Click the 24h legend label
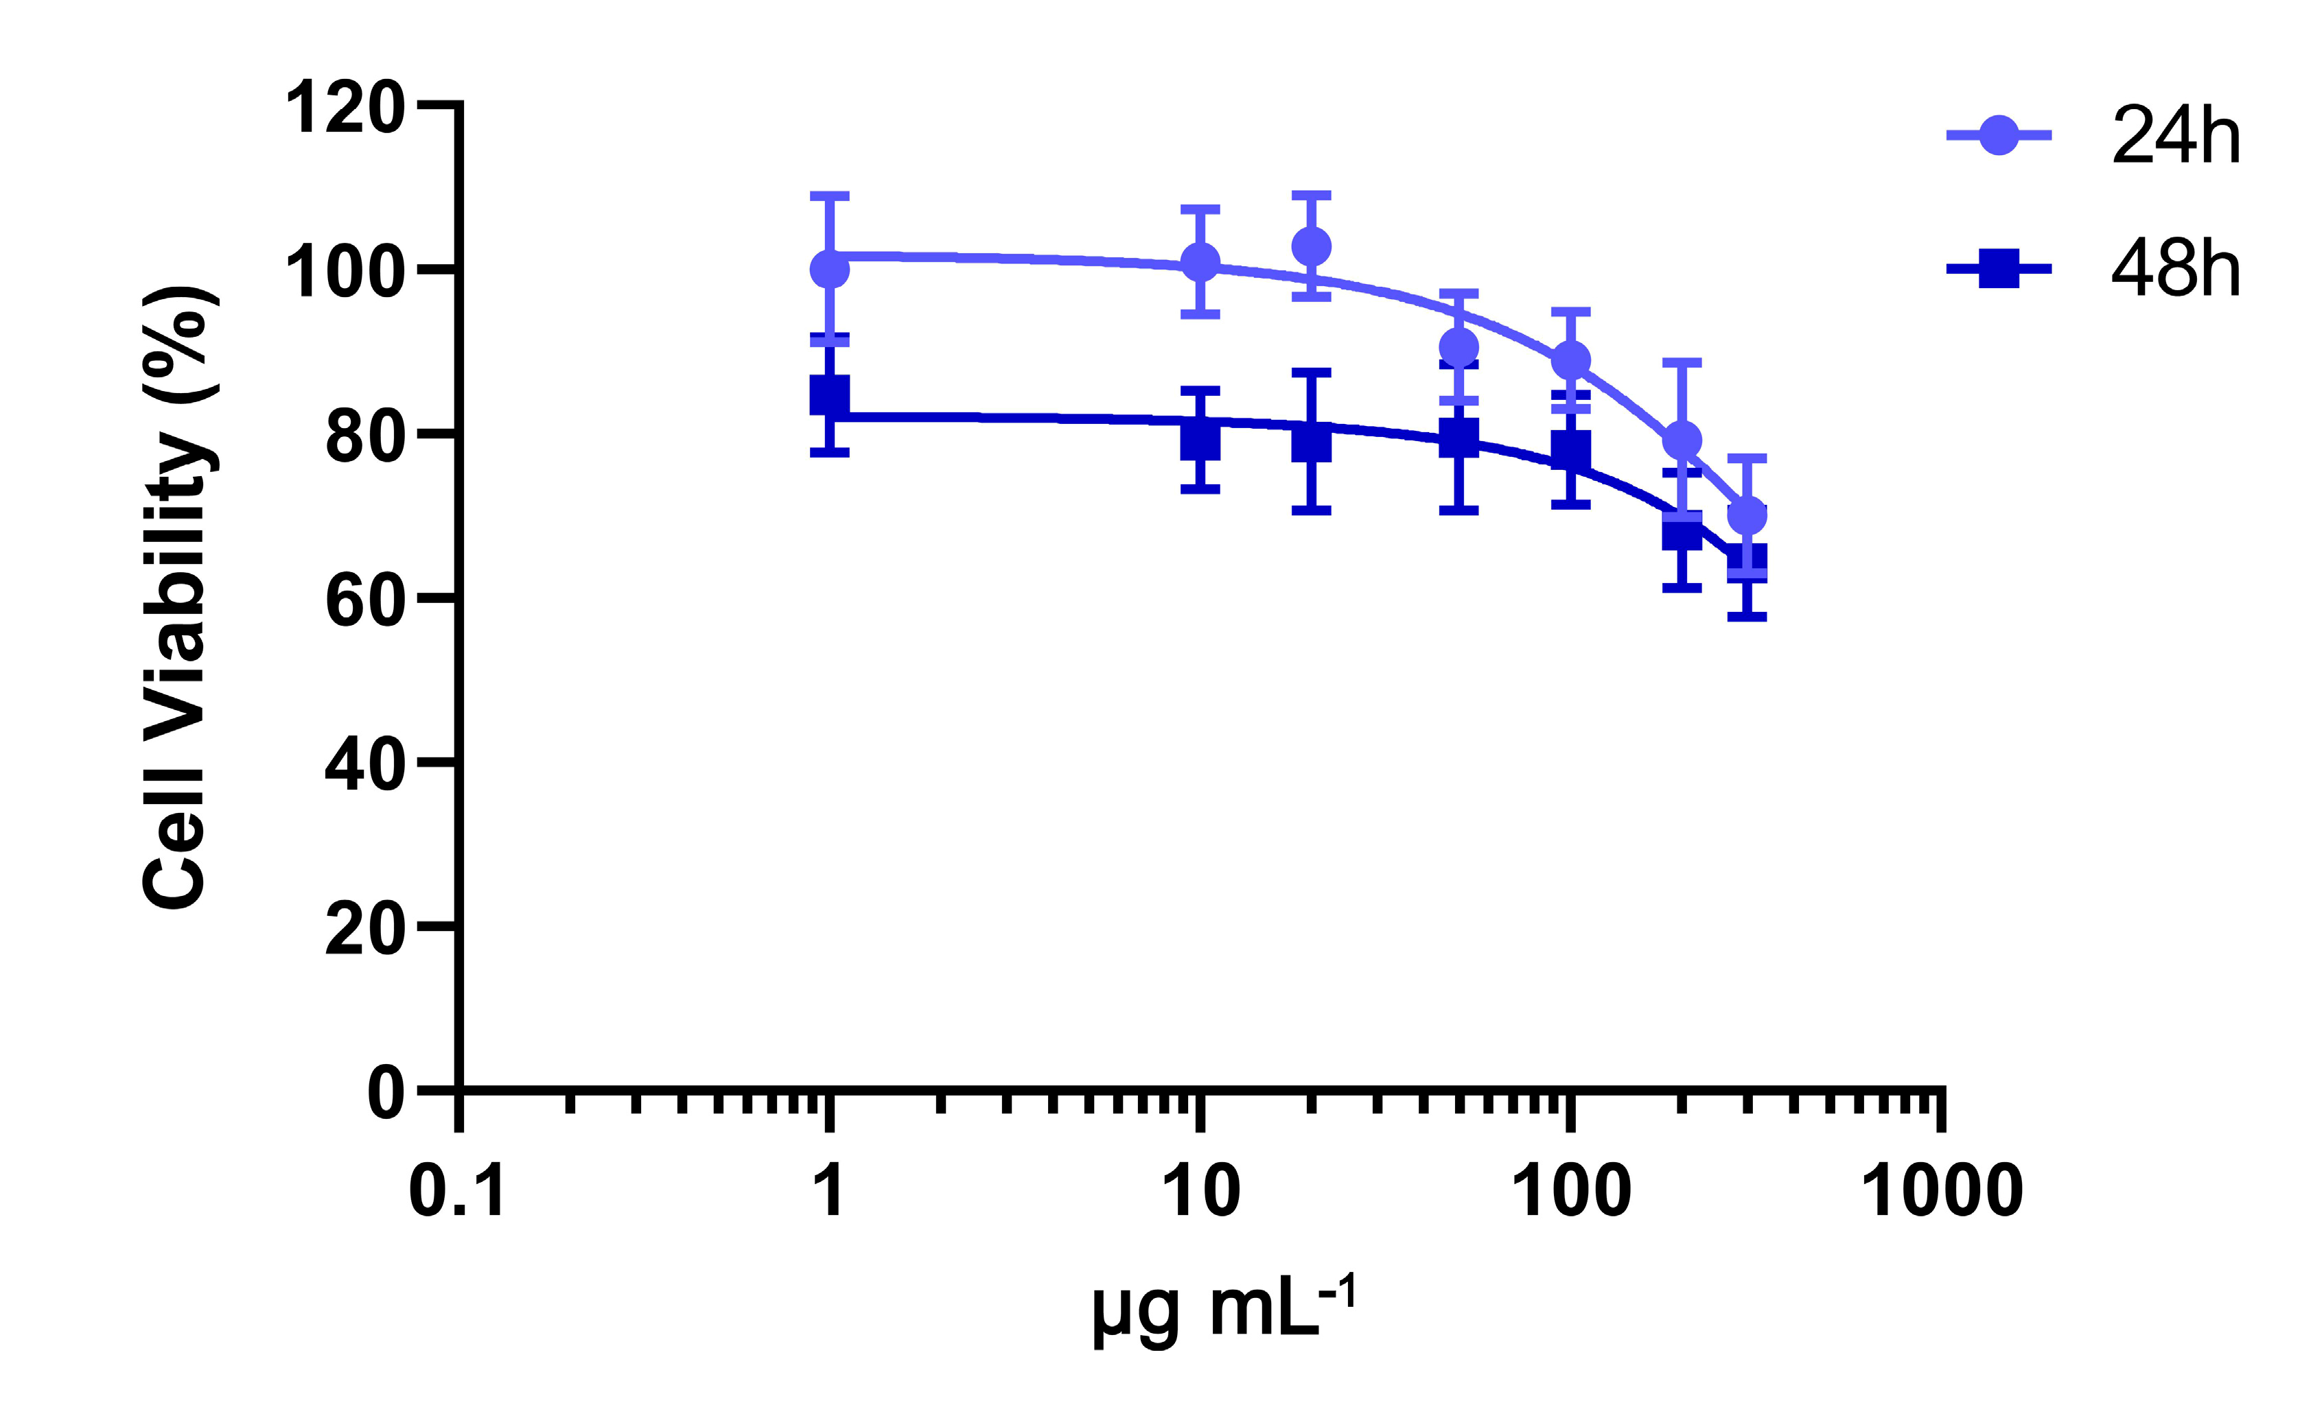[x=2175, y=138]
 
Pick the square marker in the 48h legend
[x=1999, y=269]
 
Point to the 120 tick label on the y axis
[x=345, y=108]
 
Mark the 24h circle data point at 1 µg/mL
[x=830, y=270]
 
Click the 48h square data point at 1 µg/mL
[x=830, y=395]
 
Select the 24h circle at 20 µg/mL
[x=1311, y=247]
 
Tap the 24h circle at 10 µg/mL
[x=1200, y=262]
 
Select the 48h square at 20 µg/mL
[x=1311, y=441]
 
